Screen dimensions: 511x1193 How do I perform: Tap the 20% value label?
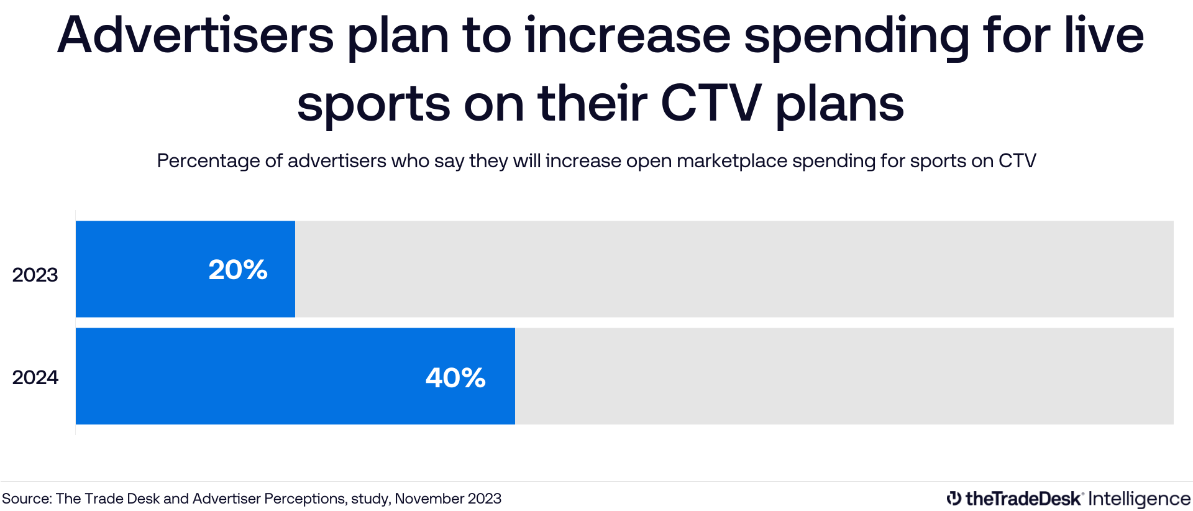[x=238, y=270]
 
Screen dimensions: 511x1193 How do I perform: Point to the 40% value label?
[x=455, y=377]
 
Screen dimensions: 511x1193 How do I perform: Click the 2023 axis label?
[x=35, y=275]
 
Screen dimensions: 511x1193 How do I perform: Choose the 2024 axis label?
[x=35, y=377]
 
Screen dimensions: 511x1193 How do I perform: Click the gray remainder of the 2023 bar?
[x=733, y=269]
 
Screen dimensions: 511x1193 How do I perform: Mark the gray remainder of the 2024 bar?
[x=844, y=376]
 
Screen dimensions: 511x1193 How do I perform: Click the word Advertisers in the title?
[x=195, y=35]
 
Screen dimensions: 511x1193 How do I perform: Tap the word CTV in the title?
[x=711, y=103]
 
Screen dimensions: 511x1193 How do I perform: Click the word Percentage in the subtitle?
[x=208, y=161]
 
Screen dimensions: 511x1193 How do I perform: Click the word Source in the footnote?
[x=27, y=499]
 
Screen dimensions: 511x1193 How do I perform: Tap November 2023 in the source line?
[x=448, y=499]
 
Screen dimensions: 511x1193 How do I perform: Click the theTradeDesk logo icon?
[x=953, y=498]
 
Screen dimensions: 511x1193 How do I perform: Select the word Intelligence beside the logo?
[x=1139, y=499]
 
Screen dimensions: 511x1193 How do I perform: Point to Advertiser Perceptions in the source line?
[x=268, y=499]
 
